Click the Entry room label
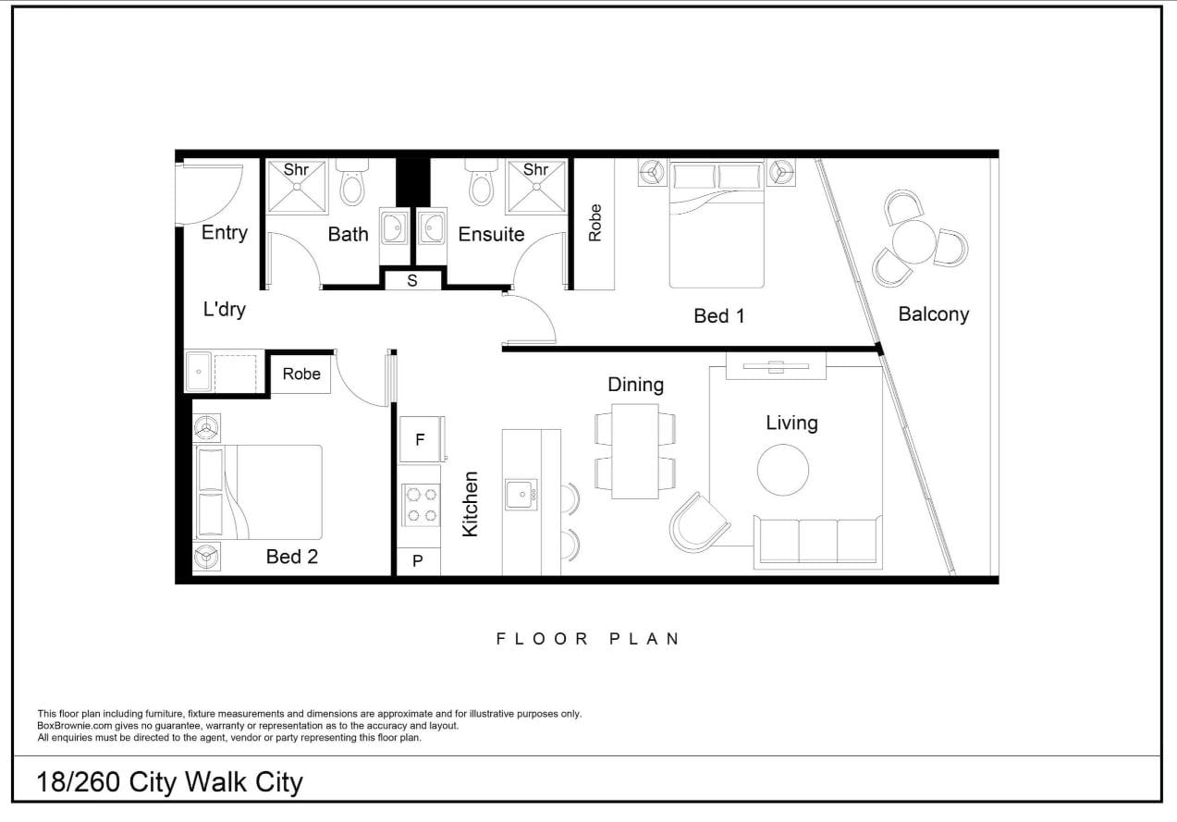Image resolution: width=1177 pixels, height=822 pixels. [225, 233]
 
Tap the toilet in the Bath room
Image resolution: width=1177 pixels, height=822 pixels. [352, 182]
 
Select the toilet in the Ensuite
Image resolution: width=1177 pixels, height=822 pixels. [482, 182]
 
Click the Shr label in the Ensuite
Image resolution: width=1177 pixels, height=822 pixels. [535, 170]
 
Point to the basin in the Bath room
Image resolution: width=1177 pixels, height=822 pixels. [394, 227]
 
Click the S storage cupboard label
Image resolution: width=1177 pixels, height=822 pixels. [412, 281]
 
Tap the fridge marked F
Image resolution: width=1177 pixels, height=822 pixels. [422, 439]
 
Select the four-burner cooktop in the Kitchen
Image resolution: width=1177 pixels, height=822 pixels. [422, 505]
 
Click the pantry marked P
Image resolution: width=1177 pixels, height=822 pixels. [418, 561]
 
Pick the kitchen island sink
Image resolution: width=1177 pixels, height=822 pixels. [521, 495]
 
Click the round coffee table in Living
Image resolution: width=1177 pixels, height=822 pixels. [783, 470]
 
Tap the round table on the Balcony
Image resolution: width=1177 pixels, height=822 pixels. [913, 241]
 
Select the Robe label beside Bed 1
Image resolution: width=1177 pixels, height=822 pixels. [595, 223]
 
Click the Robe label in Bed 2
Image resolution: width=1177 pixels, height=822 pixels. [301, 374]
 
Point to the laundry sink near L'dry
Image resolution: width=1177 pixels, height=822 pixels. [199, 372]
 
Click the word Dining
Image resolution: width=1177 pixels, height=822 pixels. [636, 385]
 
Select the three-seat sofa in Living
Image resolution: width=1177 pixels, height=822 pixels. [818, 543]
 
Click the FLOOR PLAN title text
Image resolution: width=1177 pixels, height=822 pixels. [588, 639]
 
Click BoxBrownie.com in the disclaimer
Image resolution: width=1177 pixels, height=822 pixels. [75, 726]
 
